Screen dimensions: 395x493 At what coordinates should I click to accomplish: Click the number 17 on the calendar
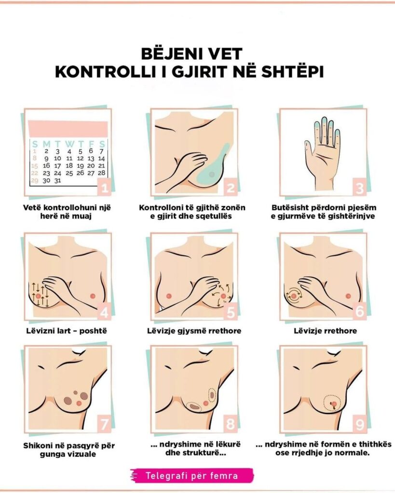pos(57,166)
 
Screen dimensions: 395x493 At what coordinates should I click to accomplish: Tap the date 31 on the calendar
pos(57,181)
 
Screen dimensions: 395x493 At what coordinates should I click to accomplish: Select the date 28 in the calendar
pos(101,173)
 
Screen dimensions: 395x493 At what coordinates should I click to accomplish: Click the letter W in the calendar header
pos(69,144)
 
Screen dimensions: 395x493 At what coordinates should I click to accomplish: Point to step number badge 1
pos(105,188)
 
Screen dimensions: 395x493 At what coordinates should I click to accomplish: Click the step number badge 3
pos(359,188)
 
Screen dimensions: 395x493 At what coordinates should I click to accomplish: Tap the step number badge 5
pos(231,312)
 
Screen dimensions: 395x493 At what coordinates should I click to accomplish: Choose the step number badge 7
pos(105,425)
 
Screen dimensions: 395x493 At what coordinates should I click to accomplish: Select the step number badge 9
pos(359,425)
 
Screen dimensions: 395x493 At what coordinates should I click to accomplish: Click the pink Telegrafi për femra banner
pos(192,475)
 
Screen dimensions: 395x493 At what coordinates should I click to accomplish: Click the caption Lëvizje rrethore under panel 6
pos(325,331)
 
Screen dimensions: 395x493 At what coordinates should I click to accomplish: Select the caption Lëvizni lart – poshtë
pos(67,331)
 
